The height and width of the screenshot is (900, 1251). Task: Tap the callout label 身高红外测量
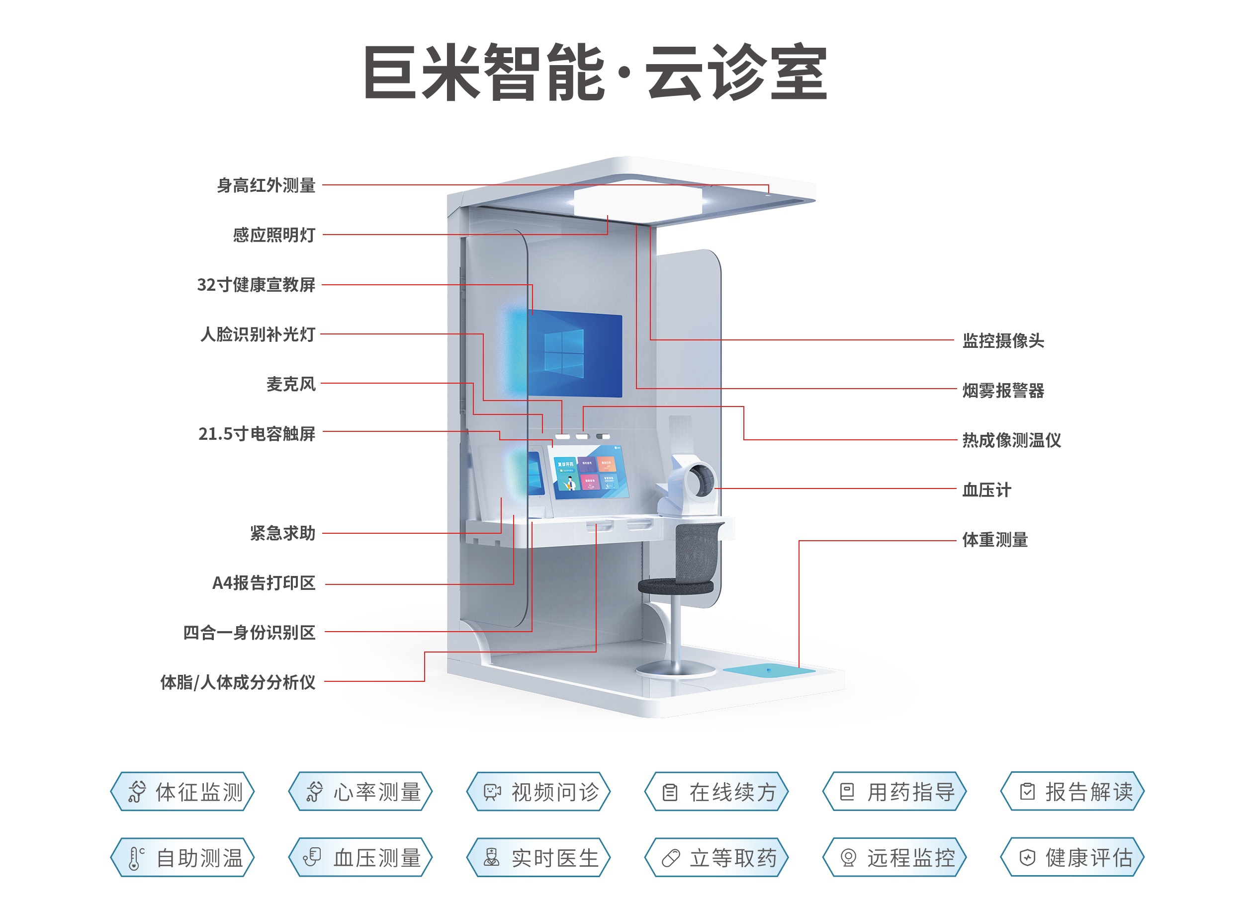266,185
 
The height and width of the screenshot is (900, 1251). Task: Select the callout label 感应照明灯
273,235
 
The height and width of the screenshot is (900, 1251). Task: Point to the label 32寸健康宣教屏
256,285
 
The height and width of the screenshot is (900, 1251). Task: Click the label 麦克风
291,384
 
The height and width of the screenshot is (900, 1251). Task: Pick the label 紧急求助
282,533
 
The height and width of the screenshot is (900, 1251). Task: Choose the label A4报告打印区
264,582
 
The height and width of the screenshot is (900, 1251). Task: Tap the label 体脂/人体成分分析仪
238,682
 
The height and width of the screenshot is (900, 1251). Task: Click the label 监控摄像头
1003,340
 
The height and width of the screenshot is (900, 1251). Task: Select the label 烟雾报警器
1003,391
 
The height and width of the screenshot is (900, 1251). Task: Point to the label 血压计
986,490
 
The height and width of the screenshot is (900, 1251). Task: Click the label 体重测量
994,539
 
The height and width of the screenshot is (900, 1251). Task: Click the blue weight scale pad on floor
768,670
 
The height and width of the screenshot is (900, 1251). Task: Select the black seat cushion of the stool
675,585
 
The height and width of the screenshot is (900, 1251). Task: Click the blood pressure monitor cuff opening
703,479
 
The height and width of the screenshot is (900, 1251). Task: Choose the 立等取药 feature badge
716,858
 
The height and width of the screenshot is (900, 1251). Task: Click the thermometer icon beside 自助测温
135,858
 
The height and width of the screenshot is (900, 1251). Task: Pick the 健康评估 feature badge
1072,858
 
